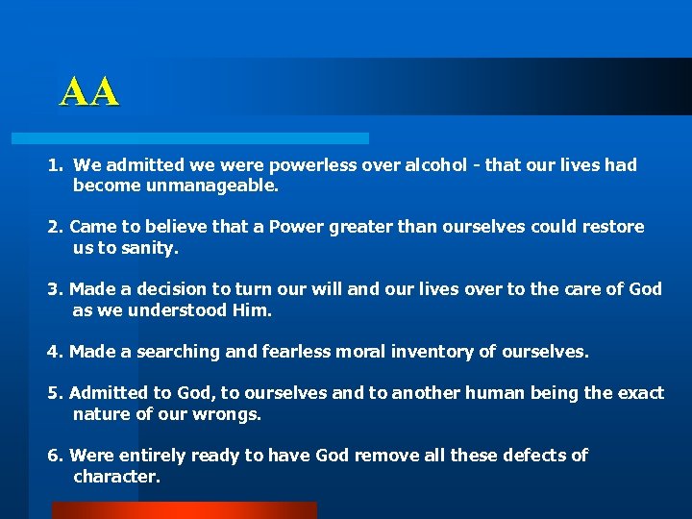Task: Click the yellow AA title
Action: click(x=89, y=92)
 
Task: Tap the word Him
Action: click(x=252, y=310)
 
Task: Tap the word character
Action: click(x=114, y=477)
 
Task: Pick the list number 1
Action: click(x=54, y=165)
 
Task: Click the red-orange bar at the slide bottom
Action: click(x=183, y=510)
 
